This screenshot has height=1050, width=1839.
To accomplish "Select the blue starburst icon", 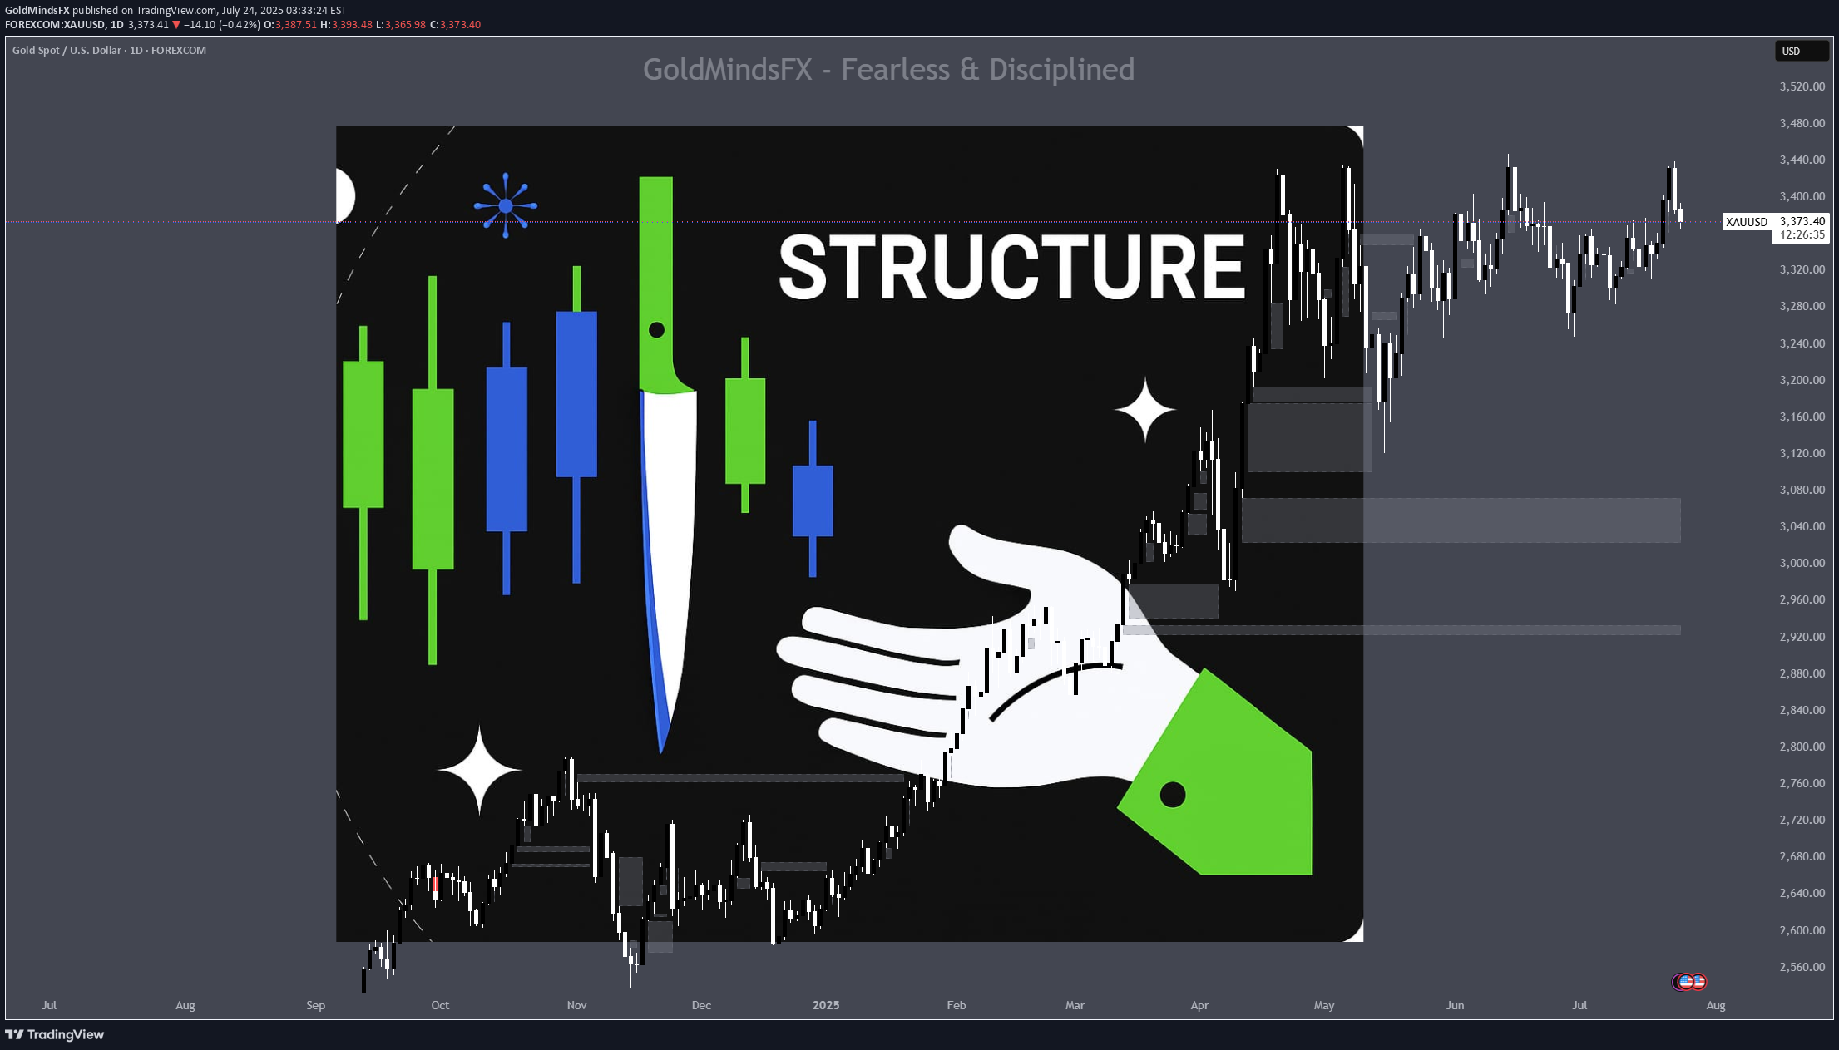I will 506,205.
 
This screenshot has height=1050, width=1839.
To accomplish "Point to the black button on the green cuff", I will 1172,795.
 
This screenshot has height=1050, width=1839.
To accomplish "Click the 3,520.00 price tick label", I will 1802,86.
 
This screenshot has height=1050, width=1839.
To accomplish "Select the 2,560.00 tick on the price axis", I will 1802,967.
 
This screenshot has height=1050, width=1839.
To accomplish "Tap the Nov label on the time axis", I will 576,1005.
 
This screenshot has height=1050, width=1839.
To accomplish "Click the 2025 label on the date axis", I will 826,1005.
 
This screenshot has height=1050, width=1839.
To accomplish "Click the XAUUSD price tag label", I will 1746,222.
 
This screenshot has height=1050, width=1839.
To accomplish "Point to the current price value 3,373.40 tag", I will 1802,221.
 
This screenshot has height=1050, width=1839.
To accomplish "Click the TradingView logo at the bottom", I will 55,1034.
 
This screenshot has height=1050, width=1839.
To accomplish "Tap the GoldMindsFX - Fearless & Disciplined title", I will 888,70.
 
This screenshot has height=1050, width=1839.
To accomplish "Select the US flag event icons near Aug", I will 1688,982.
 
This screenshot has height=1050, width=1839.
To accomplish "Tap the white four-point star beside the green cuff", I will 1145,409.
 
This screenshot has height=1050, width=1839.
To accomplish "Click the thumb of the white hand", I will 990,561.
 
